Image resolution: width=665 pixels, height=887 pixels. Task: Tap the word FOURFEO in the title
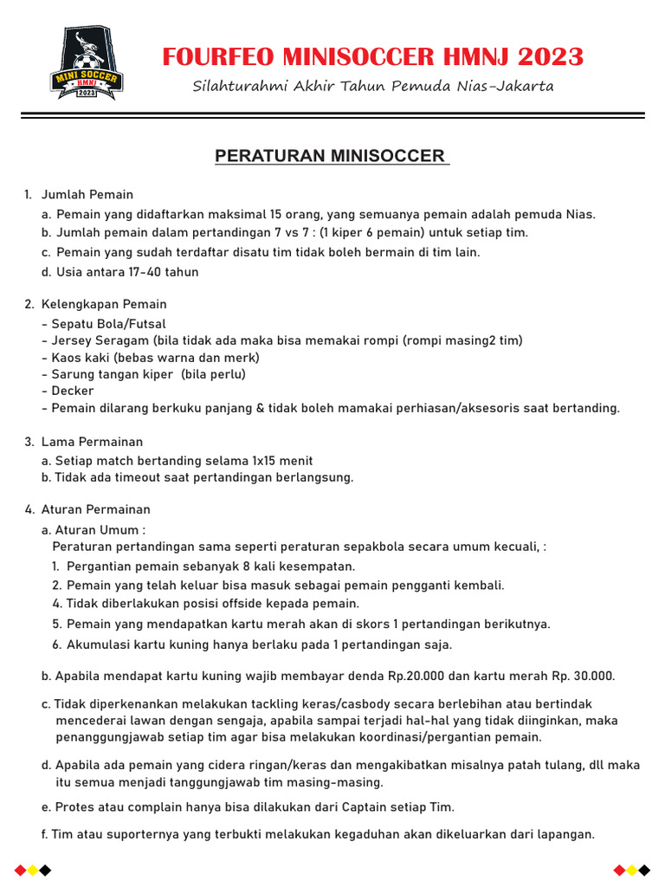218,57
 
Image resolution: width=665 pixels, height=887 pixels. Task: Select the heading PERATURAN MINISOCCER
332,156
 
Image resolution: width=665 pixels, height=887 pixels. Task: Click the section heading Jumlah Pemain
87,194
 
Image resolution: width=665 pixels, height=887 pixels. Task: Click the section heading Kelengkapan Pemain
104,304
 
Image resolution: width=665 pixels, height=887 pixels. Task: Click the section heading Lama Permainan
92,442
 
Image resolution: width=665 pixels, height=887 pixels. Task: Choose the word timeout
131,477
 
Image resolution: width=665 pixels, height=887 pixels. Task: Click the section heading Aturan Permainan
96,509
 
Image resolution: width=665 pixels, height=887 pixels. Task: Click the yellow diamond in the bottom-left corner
32,870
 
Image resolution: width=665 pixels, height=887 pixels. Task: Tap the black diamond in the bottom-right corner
645,870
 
